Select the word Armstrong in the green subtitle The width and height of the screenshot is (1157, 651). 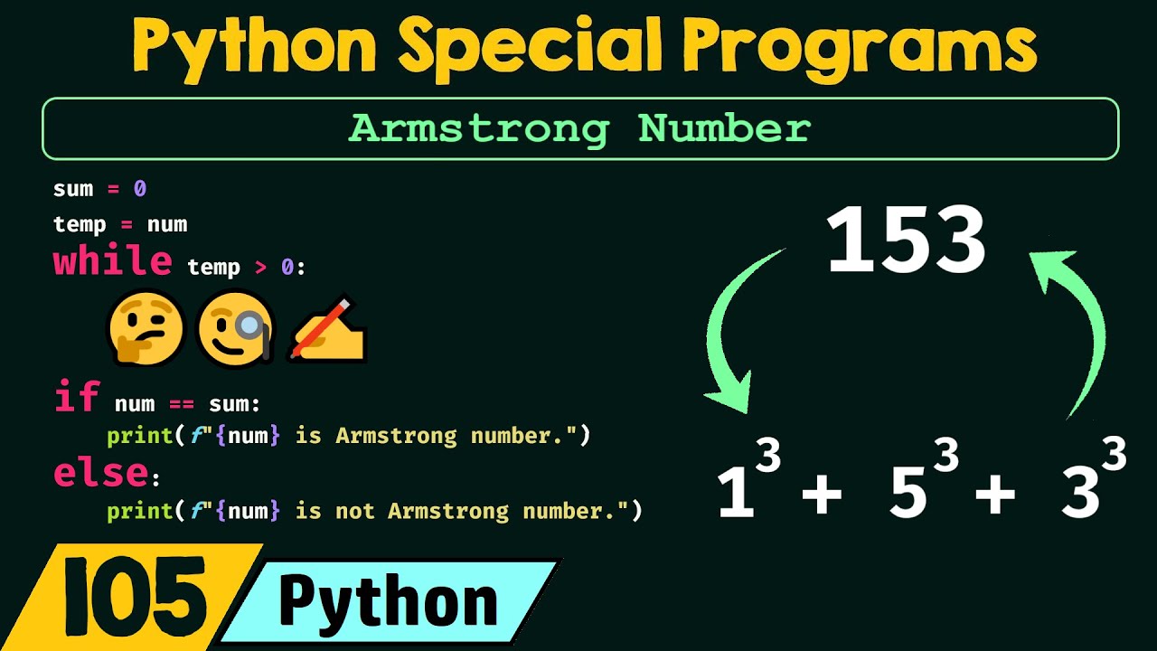[x=479, y=129]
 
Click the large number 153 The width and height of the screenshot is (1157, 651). [x=906, y=241]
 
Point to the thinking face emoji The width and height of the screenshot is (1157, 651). [x=146, y=330]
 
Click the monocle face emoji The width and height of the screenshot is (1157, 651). [x=235, y=330]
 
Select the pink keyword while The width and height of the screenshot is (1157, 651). [x=112, y=262]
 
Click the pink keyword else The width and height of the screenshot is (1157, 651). [x=100, y=473]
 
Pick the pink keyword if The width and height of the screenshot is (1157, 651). [x=76, y=398]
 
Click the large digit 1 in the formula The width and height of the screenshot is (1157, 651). [x=737, y=495]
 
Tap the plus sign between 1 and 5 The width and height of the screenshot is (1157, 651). [x=821, y=496]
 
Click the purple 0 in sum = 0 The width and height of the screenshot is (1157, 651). [x=140, y=189]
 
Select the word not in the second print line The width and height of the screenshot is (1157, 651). [x=354, y=511]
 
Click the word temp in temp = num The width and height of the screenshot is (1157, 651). [x=80, y=224]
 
